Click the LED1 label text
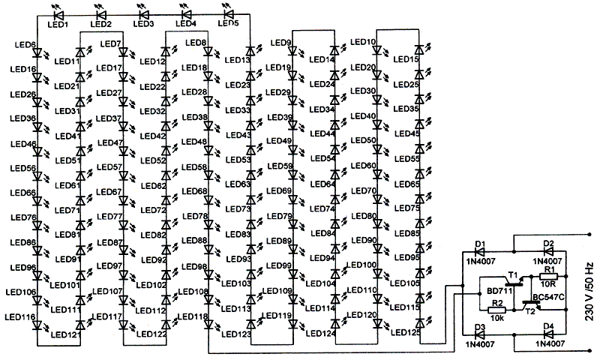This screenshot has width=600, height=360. tap(58, 25)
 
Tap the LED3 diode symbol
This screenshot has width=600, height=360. tap(144, 15)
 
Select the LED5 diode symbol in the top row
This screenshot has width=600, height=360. tap(229, 14)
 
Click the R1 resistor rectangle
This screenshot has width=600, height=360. tap(548, 276)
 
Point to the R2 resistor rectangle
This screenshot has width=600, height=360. tap(496, 310)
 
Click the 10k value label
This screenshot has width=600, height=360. tap(497, 318)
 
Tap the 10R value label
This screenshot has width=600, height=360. tap(548, 283)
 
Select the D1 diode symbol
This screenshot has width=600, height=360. tap(479, 252)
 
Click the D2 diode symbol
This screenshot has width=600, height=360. tap(549, 252)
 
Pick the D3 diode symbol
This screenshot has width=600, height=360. tap(479, 334)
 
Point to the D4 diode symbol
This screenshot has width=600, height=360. tap(549, 334)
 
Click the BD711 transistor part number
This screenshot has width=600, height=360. tap(499, 292)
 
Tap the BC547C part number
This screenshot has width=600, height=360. tap(548, 297)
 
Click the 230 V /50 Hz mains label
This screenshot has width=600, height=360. tap(589, 292)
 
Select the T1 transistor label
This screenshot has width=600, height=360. tap(512, 275)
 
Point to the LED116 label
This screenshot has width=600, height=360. tap(20, 317)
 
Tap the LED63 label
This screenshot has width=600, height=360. tap(238, 184)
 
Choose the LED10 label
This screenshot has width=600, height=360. tap(363, 42)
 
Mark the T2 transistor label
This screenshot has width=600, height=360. tap(530, 311)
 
